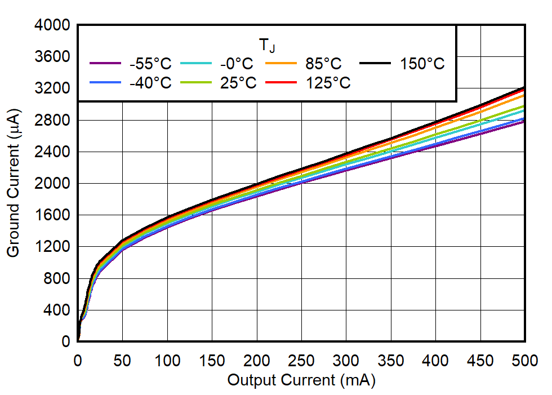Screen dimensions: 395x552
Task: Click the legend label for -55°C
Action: click(150, 64)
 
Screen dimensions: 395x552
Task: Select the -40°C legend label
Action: click(150, 83)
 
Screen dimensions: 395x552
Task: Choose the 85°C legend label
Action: click(324, 64)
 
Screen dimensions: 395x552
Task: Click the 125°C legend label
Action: click(328, 83)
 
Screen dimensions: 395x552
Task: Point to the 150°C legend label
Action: click(422, 64)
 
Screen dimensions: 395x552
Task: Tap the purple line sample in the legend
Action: click(105, 64)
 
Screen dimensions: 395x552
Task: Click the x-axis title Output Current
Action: click(301, 381)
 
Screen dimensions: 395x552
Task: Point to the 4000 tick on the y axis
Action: click(52, 25)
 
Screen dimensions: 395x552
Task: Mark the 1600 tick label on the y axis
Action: click(52, 215)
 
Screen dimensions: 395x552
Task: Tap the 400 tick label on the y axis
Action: click(57, 310)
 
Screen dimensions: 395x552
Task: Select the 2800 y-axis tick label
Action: click(52, 120)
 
